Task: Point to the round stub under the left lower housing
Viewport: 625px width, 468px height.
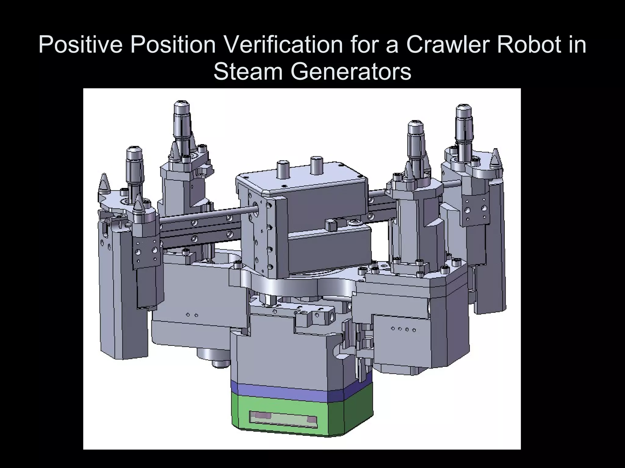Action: pos(221,363)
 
